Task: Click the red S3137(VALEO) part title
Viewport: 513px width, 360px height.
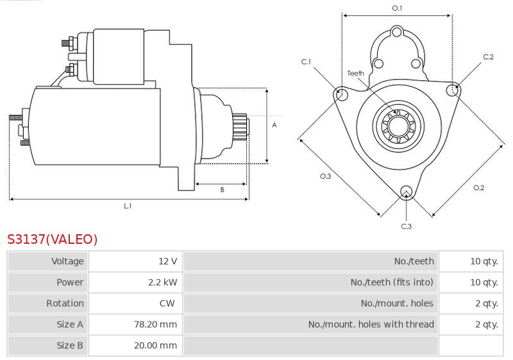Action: [53, 239]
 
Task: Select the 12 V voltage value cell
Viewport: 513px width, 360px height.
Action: [167, 261]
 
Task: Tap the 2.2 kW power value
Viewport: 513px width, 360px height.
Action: [163, 282]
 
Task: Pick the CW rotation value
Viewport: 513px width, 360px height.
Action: [167, 303]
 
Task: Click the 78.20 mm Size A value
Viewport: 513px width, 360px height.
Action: [155, 324]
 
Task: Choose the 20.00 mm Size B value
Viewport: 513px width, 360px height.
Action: [155, 345]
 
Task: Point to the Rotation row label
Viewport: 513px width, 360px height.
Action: [65, 303]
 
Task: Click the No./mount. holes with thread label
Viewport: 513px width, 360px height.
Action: [371, 324]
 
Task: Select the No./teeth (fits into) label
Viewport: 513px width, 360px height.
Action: [392, 282]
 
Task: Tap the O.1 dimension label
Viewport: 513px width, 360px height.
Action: [397, 8]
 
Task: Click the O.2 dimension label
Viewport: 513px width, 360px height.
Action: [478, 187]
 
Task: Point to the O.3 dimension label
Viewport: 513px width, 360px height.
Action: [326, 176]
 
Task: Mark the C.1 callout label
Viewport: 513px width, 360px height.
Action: [306, 62]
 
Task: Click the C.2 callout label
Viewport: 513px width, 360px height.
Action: [488, 57]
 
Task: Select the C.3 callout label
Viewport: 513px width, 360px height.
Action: [407, 226]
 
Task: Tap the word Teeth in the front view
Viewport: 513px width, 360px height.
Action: [356, 73]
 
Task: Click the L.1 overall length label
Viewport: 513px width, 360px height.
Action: [128, 206]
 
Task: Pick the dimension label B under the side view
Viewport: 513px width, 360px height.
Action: [222, 189]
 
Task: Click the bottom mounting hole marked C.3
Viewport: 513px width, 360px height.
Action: [407, 191]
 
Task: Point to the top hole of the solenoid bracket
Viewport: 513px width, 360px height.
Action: [396, 32]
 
